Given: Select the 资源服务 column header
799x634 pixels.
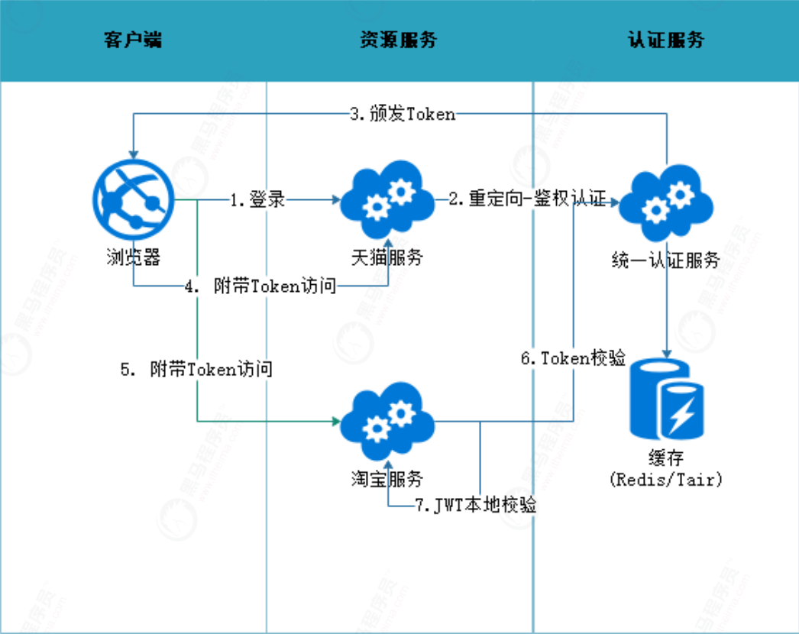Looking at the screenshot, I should click(x=398, y=40).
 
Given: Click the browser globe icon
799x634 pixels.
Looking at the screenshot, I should click(x=132, y=201).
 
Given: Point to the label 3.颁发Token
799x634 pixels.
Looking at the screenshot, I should click(x=403, y=115).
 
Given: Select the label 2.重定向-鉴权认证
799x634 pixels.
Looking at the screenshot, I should click(x=527, y=200).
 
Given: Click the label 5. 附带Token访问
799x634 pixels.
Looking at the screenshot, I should click(x=196, y=370).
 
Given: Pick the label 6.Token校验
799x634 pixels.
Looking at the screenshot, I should click(x=573, y=358).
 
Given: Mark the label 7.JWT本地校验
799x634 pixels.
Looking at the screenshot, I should click(x=474, y=506).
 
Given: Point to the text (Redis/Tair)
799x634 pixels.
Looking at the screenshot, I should click(x=666, y=480).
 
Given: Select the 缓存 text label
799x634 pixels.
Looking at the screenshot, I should click(x=665, y=459).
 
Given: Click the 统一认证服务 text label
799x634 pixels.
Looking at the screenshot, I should click(x=666, y=260).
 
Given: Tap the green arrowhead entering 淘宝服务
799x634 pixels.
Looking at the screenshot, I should click(x=335, y=421).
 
